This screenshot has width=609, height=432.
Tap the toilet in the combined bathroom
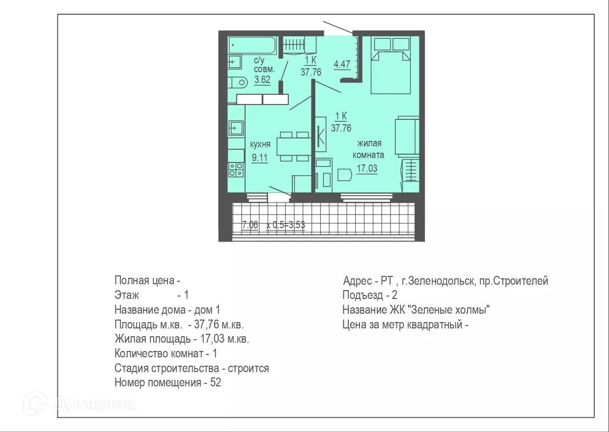pyautogui.click(x=238, y=82)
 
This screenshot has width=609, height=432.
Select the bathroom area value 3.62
pyautogui.click(x=262, y=80)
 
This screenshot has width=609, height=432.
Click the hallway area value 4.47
pyautogui.click(x=342, y=64)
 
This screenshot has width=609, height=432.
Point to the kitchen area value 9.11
pyautogui.click(x=260, y=158)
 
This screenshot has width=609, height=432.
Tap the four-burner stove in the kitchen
pyautogui.click(x=236, y=170)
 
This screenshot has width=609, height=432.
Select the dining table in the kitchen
pyautogui.click(x=294, y=146)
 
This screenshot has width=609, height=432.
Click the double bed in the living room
pyautogui.click(x=391, y=65)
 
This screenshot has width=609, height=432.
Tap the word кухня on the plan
pyautogui.click(x=260, y=145)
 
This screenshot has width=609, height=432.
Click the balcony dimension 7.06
pyautogui.click(x=250, y=225)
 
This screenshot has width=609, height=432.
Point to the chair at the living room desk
pyautogui.click(x=345, y=175)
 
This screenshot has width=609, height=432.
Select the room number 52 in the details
pyautogui.click(x=216, y=382)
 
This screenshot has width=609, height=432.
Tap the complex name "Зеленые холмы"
pyautogui.click(x=451, y=310)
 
